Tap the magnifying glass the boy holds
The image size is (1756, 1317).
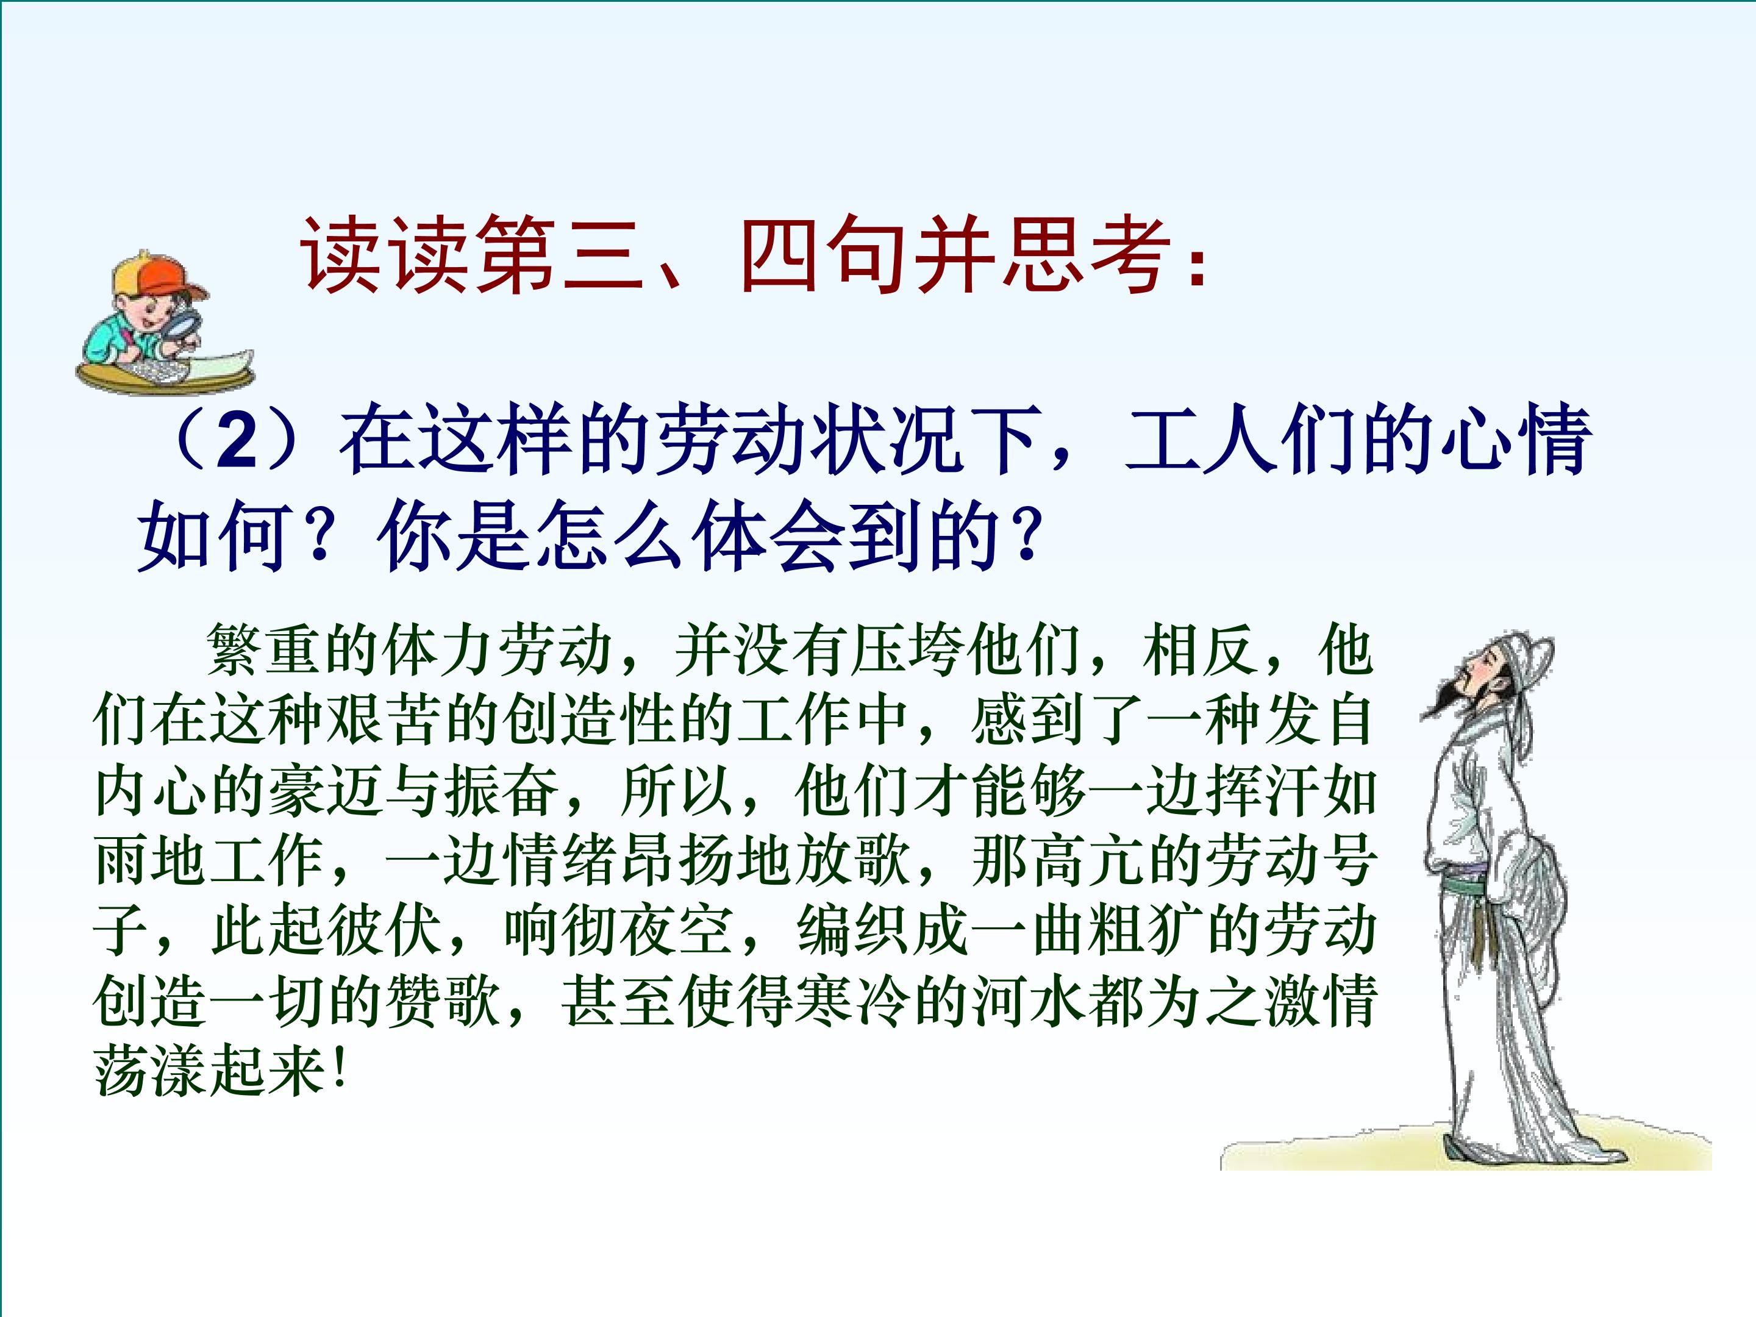[x=187, y=326]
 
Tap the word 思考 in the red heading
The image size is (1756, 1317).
[x=1086, y=255]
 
